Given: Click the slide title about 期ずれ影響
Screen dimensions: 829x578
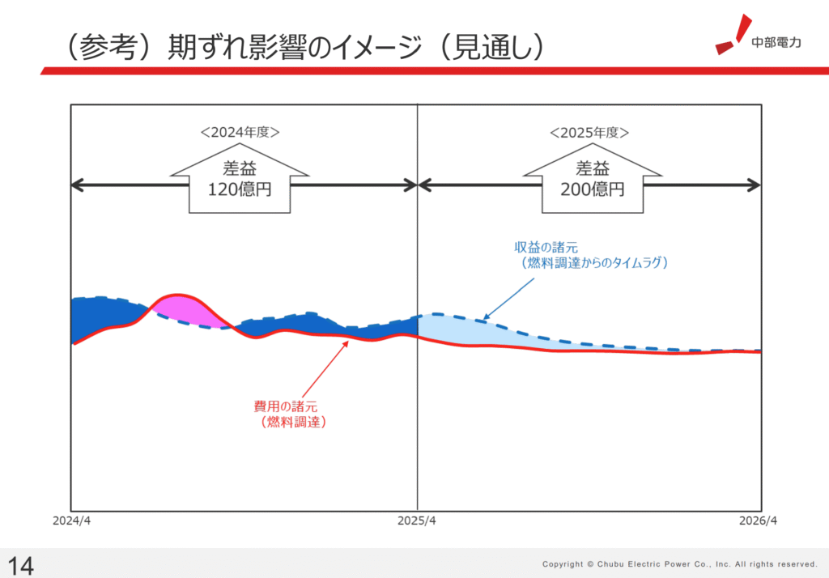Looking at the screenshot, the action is pos(304,47).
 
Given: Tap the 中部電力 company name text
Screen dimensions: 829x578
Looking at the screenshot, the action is pos(776,42).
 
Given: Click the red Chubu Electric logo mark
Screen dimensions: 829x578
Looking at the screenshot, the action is pos(733,34).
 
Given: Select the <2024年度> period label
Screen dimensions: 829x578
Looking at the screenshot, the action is pos(240,132).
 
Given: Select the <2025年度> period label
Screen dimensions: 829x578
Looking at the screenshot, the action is pos(589,132).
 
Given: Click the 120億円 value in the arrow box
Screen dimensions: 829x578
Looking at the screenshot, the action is pos(240,189).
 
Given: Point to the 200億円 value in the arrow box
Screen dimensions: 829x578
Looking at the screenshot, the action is pos(592,189).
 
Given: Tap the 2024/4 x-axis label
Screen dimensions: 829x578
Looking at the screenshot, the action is pos(71,521).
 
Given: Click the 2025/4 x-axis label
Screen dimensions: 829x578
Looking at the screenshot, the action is pos(417,521).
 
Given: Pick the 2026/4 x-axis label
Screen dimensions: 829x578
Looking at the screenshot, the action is pos(758,521).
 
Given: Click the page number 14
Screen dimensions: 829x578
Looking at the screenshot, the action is pos(20,566).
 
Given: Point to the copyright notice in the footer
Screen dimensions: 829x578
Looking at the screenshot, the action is pos(680,564).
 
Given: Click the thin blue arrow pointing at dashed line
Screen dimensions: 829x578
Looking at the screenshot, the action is pos(508,300).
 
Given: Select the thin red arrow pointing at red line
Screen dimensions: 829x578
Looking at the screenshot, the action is pos(325,369).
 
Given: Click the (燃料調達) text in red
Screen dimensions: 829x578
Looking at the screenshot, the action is pos(293,422).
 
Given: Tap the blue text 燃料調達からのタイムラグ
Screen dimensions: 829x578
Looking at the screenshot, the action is pos(594,263).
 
